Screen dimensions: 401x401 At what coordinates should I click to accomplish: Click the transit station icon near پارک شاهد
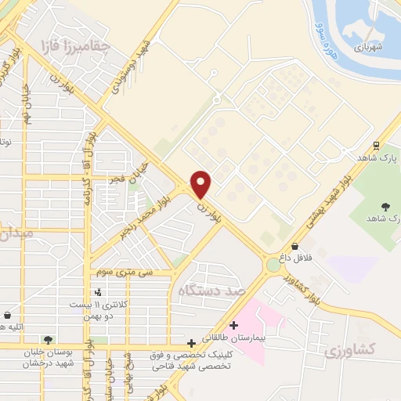(377, 144)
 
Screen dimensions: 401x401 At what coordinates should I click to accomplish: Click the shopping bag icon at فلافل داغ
(294, 247)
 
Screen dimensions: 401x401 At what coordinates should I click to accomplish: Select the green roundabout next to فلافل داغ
(273, 264)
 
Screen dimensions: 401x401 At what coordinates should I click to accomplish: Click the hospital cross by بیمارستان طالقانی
(233, 326)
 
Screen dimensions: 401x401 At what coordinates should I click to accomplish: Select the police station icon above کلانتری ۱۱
(97, 293)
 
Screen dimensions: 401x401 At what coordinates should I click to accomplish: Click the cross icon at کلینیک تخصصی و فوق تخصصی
(192, 343)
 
